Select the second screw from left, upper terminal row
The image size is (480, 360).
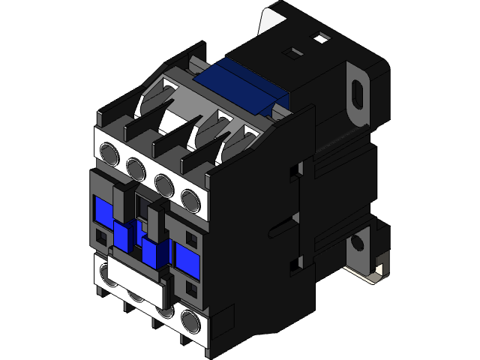tap(136, 166)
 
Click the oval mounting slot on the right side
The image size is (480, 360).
tap(358, 95)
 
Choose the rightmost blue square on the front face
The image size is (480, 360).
tap(187, 256)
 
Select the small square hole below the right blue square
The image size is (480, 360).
tap(189, 287)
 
